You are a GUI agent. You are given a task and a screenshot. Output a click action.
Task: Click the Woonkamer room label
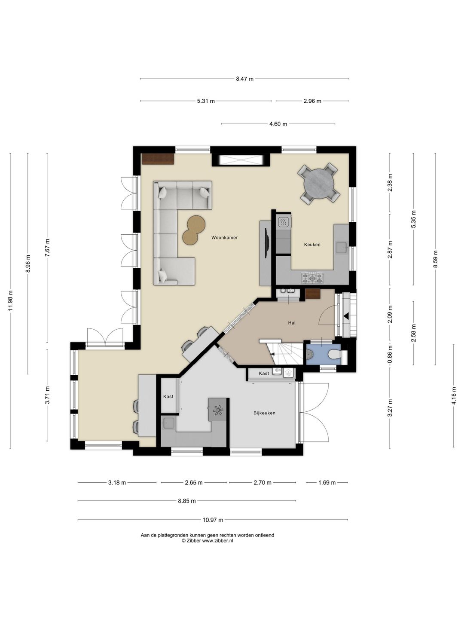225,237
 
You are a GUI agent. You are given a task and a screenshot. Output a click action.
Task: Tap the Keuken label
312,245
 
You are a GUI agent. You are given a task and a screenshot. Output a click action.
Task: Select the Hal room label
292,323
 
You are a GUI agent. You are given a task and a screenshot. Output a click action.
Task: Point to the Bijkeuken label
264,413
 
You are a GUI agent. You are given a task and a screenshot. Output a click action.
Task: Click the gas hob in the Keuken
312,278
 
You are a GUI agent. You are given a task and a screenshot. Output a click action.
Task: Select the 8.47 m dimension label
244,79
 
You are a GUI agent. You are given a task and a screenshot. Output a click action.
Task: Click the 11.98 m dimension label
11,300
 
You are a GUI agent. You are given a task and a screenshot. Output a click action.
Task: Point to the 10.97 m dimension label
213,520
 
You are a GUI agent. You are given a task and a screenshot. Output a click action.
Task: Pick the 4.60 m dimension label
278,124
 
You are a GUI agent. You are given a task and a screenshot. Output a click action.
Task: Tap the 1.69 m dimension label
327,482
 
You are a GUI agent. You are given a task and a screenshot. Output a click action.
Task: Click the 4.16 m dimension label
454,395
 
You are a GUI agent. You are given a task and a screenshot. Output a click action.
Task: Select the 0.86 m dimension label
390,355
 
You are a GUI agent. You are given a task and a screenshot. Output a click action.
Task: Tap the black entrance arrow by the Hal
346,316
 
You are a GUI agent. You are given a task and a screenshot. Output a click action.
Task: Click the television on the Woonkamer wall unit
266,243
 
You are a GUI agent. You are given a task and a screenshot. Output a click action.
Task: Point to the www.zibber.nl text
217,541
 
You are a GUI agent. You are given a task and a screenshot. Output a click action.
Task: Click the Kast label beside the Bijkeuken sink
168,396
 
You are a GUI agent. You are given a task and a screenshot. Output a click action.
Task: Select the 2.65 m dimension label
193,482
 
